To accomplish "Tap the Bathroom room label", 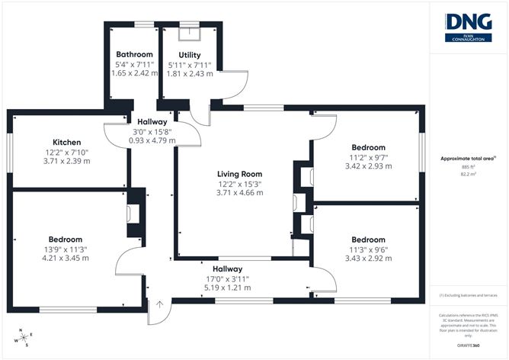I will [x=134, y=55].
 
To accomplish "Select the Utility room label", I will [x=190, y=55].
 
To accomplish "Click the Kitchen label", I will [x=66, y=143].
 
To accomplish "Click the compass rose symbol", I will [x=23, y=336].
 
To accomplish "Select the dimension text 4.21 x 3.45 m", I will [x=66, y=258].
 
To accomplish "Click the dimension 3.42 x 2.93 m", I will [x=368, y=166].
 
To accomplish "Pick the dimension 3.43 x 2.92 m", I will [x=368, y=258].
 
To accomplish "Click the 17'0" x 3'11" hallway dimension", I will [x=227, y=279].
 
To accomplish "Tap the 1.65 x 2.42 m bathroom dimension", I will [x=134, y=73].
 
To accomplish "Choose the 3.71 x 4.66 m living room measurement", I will [x=238, y=193].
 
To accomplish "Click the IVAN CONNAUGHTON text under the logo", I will [x=469, y=41].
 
